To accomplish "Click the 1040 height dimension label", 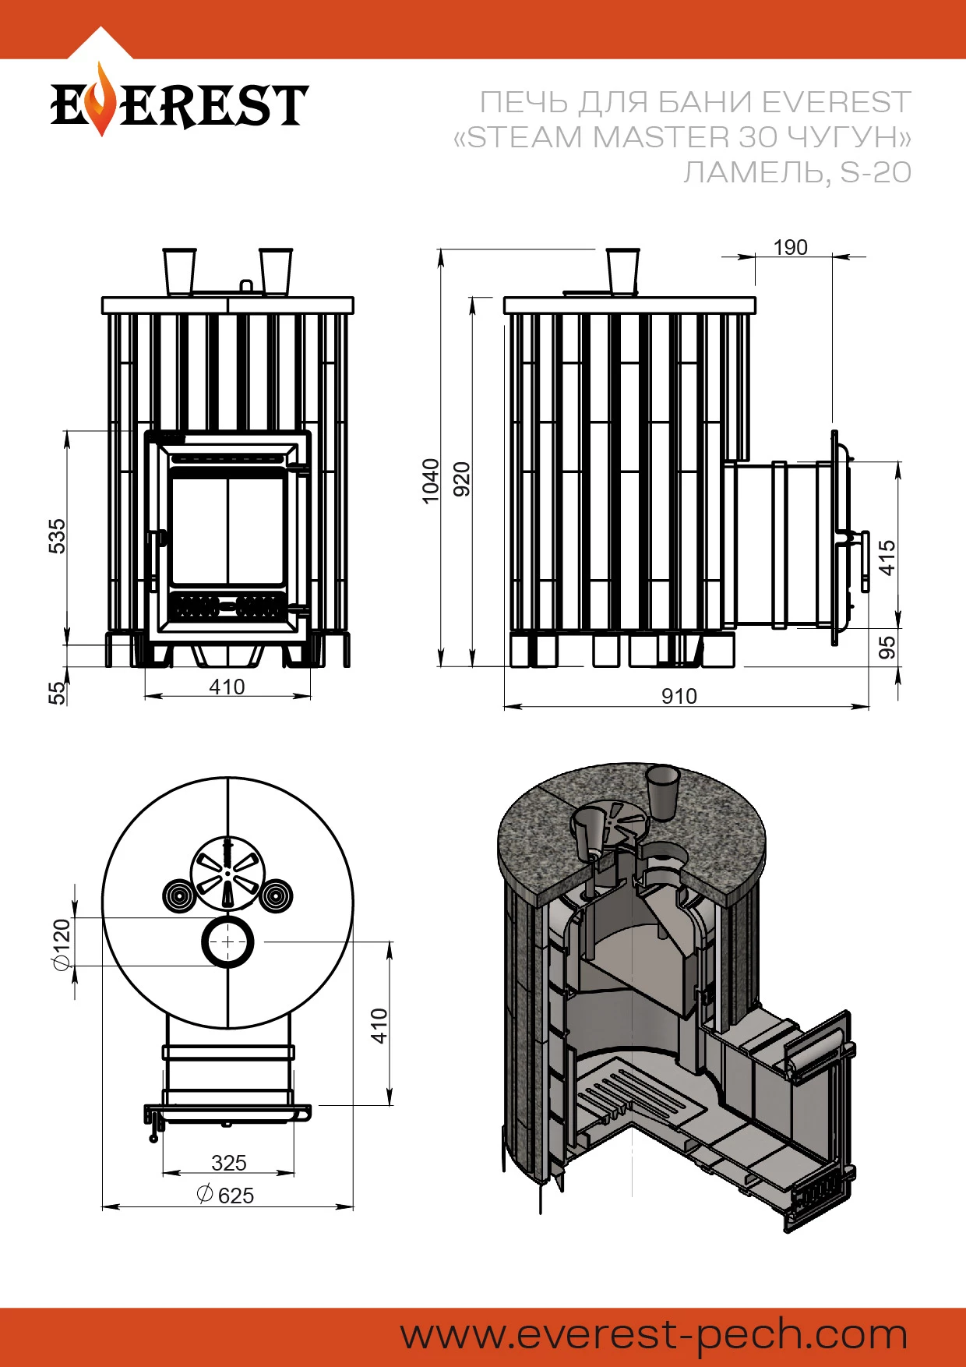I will click(430, 481).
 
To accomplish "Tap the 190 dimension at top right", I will click(790, 248).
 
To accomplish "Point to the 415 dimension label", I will click(887, 557).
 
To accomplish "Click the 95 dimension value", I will click(887, 648).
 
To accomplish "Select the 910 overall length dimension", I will click(679, 696).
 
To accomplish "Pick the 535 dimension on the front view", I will click(58, 536).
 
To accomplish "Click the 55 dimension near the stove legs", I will click(58, 692).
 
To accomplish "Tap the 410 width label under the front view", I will click(227, 687).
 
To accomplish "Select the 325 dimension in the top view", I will click(228, 1163).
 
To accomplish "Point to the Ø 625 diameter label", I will click(226, 1195).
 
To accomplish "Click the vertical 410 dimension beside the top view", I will click(379, 1025).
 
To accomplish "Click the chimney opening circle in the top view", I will click(227, 941).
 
